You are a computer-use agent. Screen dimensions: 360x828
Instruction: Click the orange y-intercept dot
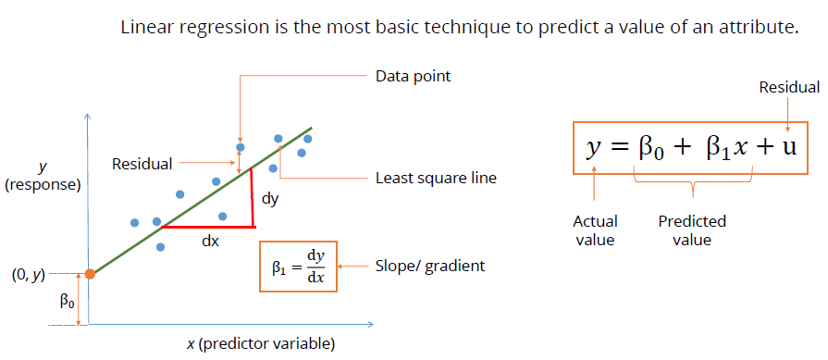point(89,274)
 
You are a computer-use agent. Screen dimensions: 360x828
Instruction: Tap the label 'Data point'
point(413,76)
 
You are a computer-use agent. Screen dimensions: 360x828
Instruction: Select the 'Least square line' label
point(435,178)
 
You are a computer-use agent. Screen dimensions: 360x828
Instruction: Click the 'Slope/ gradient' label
point(429,266)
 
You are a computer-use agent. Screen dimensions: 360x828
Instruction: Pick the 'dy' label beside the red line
point(270,198)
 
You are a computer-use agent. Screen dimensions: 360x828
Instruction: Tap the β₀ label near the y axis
point(66,301)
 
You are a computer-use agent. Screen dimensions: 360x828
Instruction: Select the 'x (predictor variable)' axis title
point(260,344)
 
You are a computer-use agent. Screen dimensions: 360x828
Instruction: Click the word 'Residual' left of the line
point(142,164)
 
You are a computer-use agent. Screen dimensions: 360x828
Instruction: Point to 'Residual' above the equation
point(788,88)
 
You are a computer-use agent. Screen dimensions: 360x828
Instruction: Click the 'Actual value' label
point(595,230)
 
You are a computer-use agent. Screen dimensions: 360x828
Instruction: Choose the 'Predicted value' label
point(692,230)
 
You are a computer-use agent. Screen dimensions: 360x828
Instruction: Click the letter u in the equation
point(787,147)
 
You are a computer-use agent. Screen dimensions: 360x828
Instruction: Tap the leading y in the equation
point(592,148)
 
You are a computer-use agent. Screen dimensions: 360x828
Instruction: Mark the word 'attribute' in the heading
point(754,28)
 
